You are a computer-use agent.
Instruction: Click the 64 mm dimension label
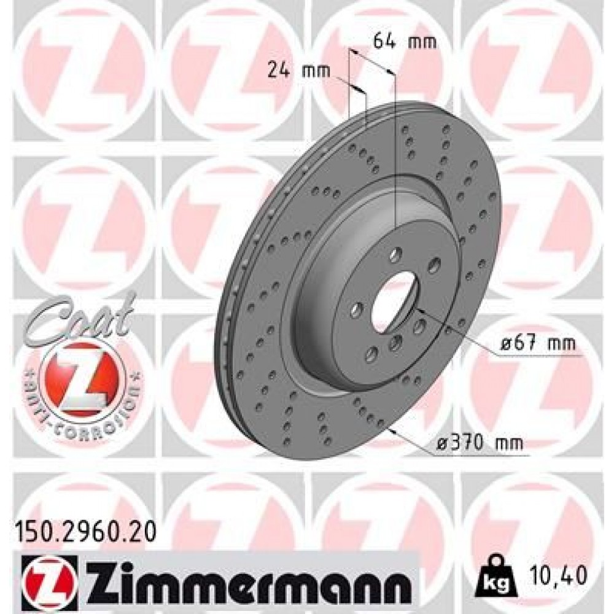[x=405, y=42]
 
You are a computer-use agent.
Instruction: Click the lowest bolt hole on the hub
[x=371, y=352]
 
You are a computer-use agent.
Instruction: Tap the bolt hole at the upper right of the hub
[x=434, y=265]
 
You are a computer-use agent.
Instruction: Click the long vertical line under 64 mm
[x=395, y=153]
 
